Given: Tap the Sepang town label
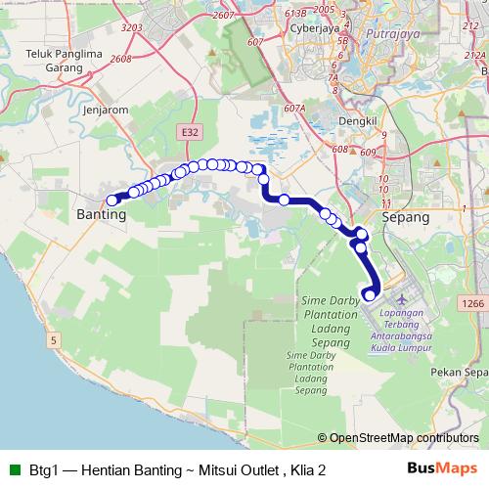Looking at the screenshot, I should point(406,219).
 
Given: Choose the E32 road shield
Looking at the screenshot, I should point(189,129).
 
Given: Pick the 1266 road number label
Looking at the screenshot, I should point(473,304).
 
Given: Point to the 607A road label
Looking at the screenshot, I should point(294,109).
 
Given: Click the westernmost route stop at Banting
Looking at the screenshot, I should point(112,200).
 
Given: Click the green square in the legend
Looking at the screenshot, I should point(15,469).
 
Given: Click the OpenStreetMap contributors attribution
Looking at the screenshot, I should point(403,438).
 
